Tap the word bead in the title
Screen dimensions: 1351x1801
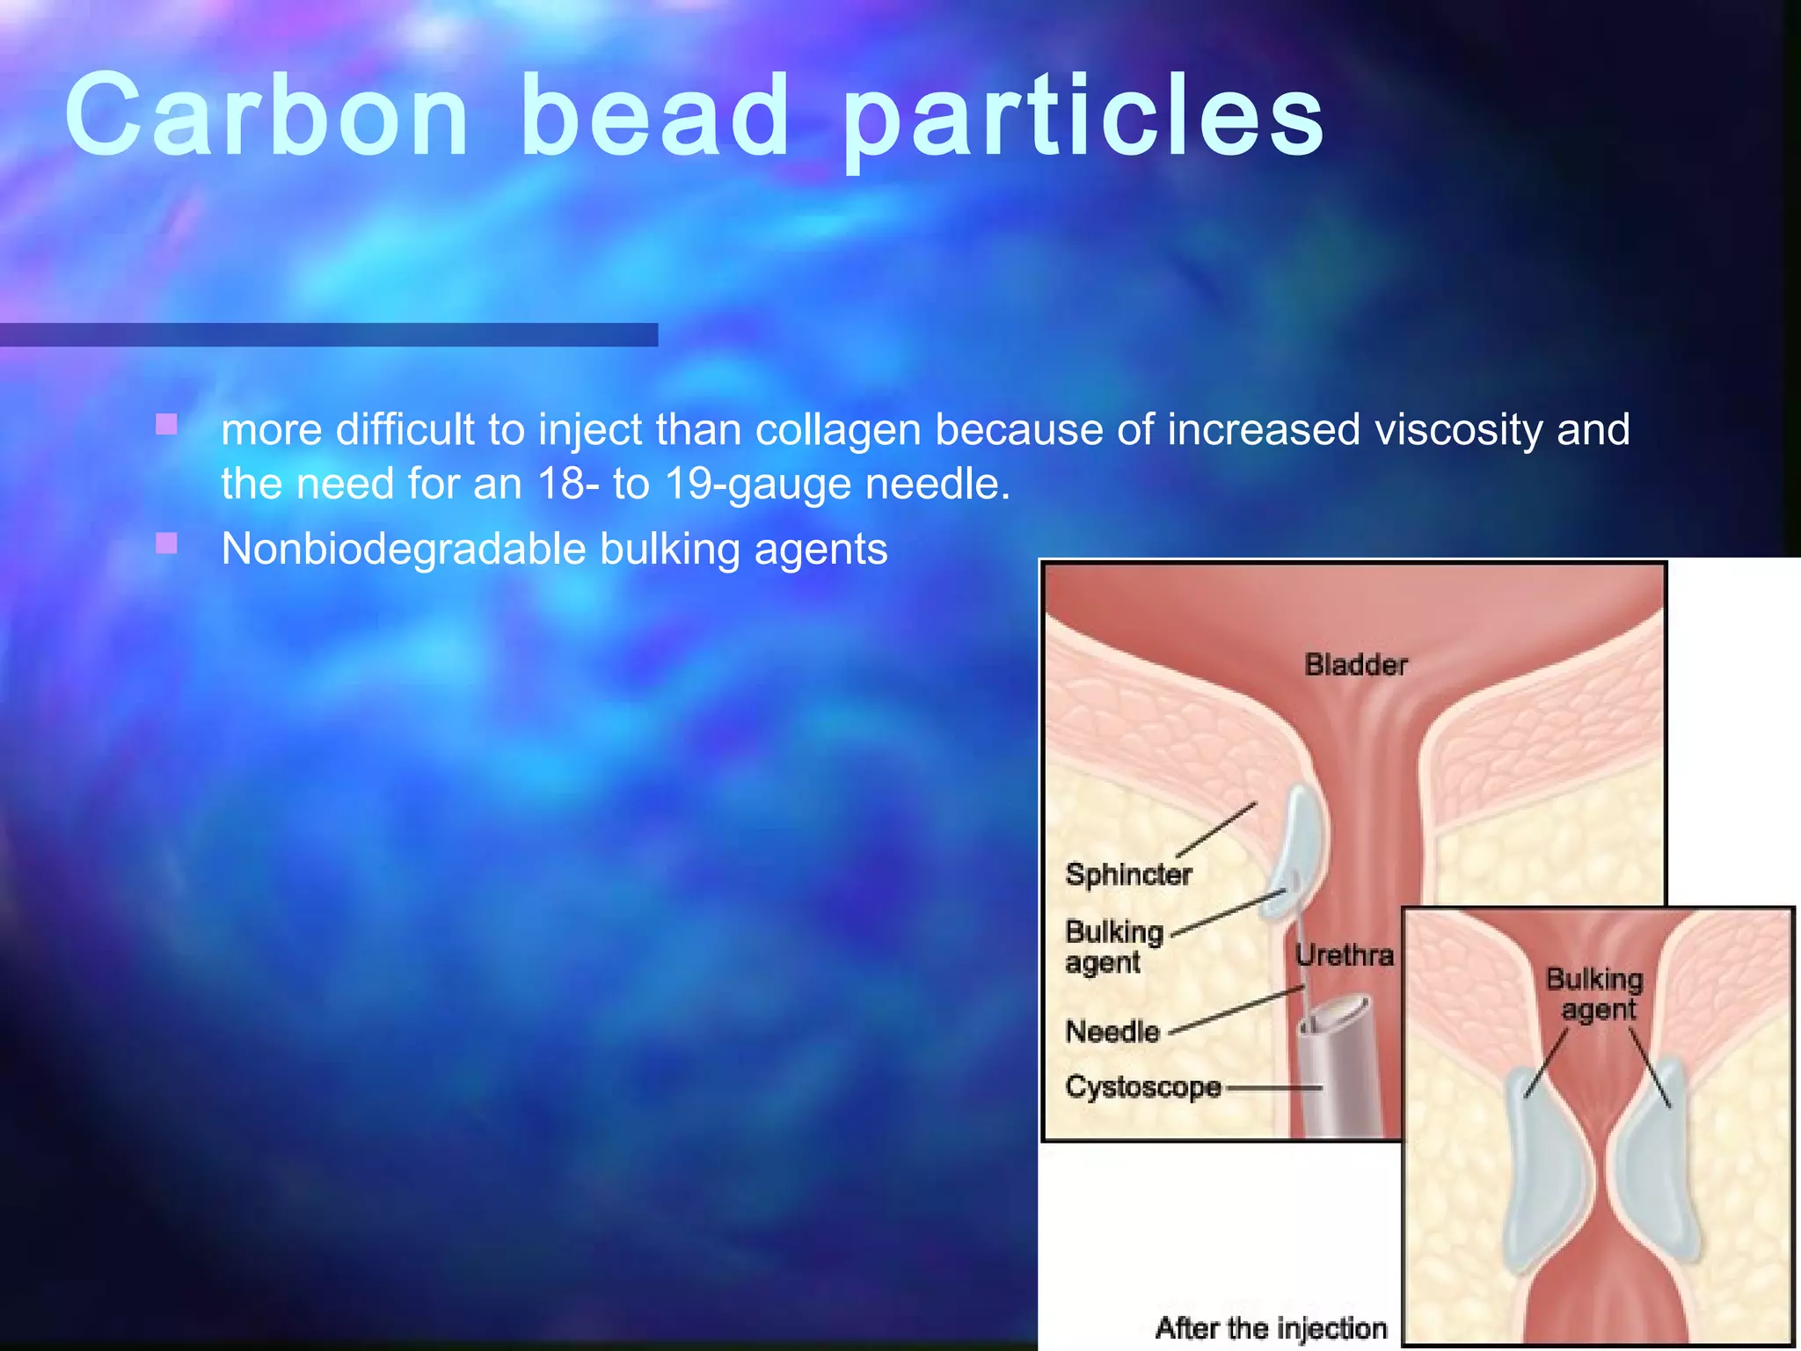(654, 116)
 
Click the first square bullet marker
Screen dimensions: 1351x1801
(166, 426)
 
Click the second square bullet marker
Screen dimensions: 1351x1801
(166, 544)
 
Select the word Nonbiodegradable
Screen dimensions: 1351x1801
(403, 550)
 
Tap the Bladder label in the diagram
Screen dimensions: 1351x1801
(1355, 665)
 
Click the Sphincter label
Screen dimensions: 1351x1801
(1128, 874)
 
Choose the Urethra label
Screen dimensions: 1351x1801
(1344, 955)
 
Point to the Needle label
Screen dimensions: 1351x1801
(1112, 1031)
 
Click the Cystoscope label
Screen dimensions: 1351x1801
(1142, 1087)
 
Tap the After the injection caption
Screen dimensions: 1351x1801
(1271, 1327)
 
